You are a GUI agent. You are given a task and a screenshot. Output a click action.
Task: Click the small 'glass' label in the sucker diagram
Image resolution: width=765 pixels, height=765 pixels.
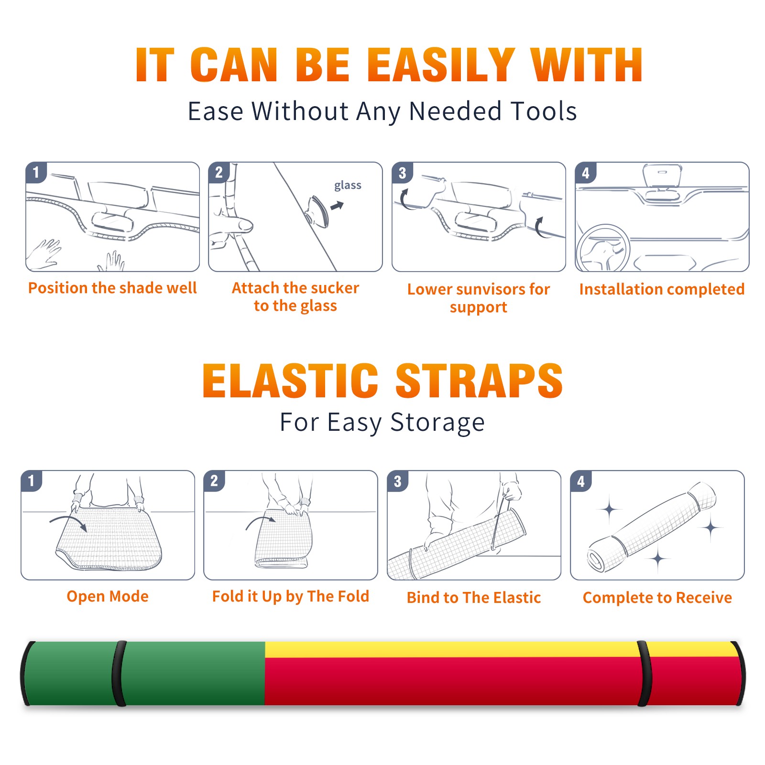pos(348,186)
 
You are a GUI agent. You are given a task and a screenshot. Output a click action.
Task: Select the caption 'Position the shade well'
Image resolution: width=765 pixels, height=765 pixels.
pos(112,288)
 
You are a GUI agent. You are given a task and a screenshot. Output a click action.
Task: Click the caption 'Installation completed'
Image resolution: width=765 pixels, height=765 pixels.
pos(662,289)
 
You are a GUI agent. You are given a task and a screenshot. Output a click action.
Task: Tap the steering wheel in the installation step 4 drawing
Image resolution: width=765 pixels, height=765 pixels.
pos(602,248)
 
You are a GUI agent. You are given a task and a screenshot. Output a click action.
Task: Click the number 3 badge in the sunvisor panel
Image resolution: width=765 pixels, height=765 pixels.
pos(402,173)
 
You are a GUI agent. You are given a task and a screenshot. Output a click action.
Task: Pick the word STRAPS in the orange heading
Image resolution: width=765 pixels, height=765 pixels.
pos(479,381)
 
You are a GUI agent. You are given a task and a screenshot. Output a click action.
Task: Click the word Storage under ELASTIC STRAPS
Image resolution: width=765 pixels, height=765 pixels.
pos(437,423)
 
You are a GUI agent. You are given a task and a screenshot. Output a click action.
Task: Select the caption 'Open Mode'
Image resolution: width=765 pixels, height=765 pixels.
pos(108,596)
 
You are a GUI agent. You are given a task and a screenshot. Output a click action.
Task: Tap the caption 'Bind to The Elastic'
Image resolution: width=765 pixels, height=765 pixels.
pos(474,598)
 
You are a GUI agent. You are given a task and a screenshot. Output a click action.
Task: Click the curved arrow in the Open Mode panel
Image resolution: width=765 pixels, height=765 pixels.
pos(68,522)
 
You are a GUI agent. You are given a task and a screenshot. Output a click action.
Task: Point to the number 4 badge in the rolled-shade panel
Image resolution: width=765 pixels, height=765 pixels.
pos(581,481)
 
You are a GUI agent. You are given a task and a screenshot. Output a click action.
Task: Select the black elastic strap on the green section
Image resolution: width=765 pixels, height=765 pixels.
pos(119,674)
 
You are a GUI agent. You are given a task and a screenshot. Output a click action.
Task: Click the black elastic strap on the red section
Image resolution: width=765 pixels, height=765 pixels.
pos(645,674)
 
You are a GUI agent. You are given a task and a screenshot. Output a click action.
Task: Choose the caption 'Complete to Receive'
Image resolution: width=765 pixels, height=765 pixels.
pos(657,598)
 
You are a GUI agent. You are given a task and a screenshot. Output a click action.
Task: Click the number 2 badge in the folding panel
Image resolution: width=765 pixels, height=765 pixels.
pos(214,481)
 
